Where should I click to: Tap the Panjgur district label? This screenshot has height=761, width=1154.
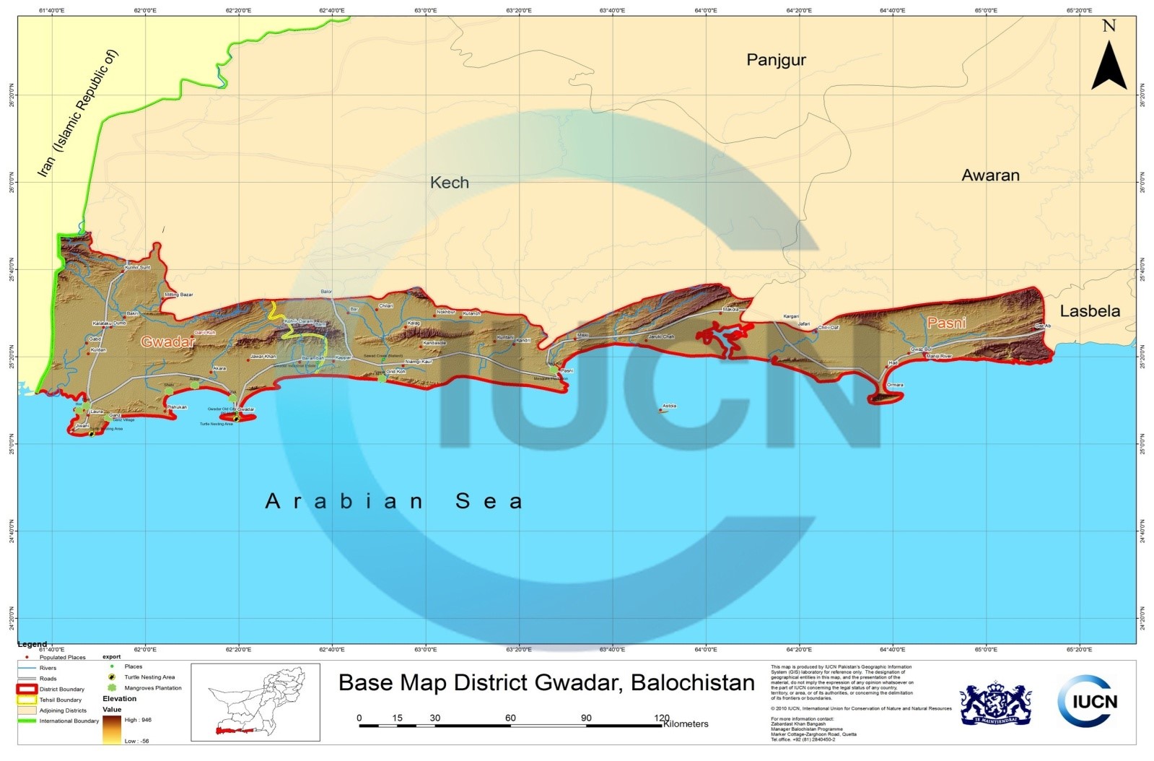pos(776,60)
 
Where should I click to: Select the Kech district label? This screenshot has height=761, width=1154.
pos(449,183)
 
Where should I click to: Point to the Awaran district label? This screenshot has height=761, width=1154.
pos(990,175)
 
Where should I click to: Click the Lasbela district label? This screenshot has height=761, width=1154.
pos(1090,311)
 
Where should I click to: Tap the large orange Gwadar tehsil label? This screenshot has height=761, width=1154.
pos(168,342)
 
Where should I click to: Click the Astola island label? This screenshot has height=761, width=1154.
pos(669,406)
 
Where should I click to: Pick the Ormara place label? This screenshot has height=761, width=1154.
pos(895,385)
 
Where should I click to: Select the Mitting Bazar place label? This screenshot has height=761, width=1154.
pos(180,295)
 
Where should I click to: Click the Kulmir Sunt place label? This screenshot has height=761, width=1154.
pos(137,267)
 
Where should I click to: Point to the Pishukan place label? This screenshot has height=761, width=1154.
pos(177,407)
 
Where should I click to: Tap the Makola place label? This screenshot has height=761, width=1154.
pos(731,310)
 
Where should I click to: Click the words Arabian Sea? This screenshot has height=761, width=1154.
pos(394,501)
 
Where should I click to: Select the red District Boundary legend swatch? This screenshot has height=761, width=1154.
pos(27,689)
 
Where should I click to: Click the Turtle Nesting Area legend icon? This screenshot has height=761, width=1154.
pos(111,677)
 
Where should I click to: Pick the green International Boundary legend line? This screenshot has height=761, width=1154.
pos(27,721)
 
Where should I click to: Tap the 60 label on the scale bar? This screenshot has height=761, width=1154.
pos(510,718)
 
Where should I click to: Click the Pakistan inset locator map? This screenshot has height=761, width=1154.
pos(255,703)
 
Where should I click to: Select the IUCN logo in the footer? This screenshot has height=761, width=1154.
pos(1088,700)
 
